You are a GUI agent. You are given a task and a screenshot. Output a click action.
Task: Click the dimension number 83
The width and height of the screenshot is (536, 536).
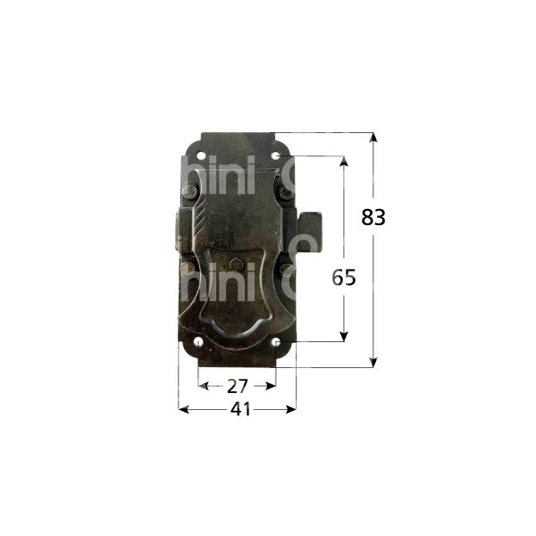373,216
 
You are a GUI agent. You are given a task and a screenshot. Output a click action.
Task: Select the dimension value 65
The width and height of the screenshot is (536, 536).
344,277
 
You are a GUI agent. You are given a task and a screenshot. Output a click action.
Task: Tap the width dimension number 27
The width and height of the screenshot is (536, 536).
236,386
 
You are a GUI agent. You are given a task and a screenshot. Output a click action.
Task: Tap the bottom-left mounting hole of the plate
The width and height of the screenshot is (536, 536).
196,342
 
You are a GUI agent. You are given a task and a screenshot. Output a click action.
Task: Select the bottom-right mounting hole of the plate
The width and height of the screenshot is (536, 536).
276,341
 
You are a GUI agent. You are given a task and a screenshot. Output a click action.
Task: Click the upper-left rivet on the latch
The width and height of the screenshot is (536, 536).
189,192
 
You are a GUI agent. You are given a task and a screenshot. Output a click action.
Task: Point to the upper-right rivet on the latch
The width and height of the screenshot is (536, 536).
284,191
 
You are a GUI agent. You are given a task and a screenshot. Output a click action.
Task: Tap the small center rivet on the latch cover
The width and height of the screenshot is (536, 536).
235,264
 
